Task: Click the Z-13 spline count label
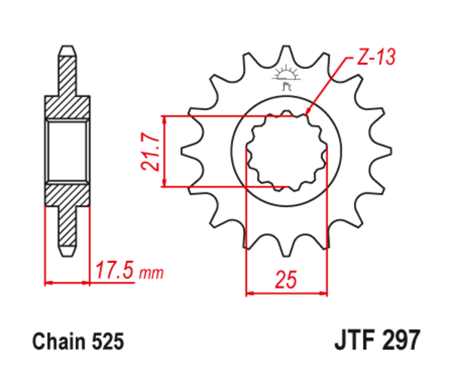click(376, 57)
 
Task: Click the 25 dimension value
click(286, 279)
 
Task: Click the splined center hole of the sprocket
click(286, 151)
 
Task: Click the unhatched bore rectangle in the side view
click(68, 151)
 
